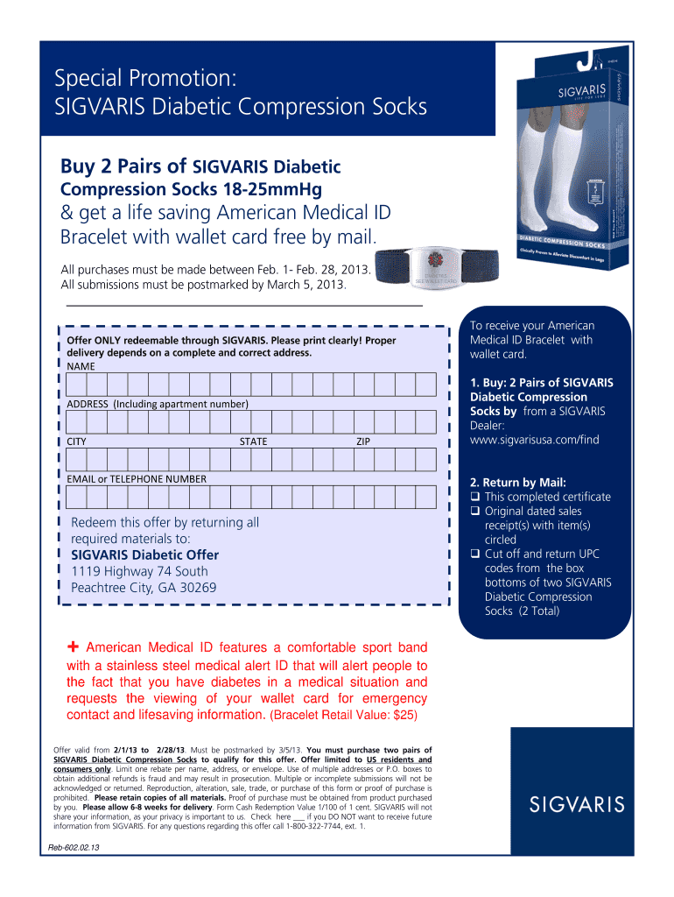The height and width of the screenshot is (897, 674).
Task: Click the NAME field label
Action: [81, 365]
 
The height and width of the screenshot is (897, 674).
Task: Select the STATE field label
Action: [254, 441]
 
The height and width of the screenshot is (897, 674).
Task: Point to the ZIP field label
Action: [362, 441]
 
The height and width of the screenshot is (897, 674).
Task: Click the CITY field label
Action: [77, 441]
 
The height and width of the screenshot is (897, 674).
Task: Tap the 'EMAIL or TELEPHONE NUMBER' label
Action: [137, 479]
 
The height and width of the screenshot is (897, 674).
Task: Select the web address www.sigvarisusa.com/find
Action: [535, 440]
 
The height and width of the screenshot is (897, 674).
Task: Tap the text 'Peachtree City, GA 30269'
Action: [144, 588]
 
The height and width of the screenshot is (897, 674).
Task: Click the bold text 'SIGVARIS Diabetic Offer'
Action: [144, 555]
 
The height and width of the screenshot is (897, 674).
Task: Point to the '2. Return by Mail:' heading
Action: [518, 483]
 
